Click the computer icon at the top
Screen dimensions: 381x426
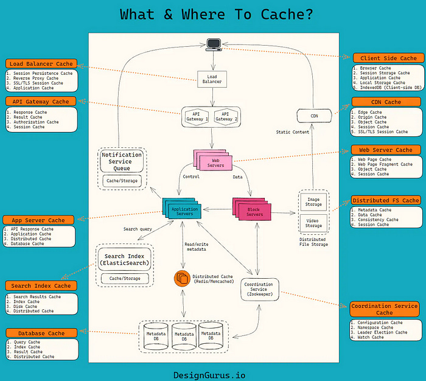[213, 44]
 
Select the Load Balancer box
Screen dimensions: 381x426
[212, 79]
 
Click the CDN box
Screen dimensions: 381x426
[314, 115]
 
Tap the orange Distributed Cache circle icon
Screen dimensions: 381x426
[182, 279]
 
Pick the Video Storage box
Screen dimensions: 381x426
[314, 222]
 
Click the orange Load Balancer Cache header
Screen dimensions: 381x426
[41, 63]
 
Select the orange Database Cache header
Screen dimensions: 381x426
[40, 333]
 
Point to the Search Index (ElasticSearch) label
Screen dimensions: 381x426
[124, 260]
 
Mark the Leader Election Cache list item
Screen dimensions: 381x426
[383, 332]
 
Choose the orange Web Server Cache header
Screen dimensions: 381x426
[385, 150]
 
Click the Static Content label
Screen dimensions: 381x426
[292, 132]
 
